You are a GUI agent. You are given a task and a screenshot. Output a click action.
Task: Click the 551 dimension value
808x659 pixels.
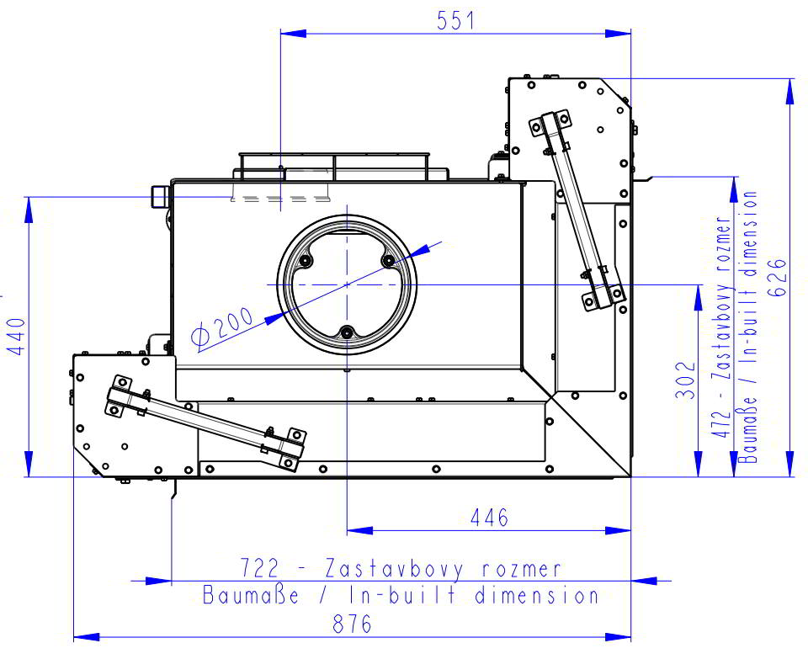[x=455, y=20]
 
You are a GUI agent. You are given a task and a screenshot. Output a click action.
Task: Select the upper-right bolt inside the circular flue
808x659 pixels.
[x=389, y=262]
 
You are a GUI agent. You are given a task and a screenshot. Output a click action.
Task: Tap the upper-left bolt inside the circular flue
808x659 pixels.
[x=305, y=262]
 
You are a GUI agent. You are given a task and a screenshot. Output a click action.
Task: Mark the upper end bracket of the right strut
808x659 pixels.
[x=549, y=124]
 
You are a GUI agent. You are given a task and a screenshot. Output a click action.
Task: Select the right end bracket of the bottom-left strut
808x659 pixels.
[x=286, y=447]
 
